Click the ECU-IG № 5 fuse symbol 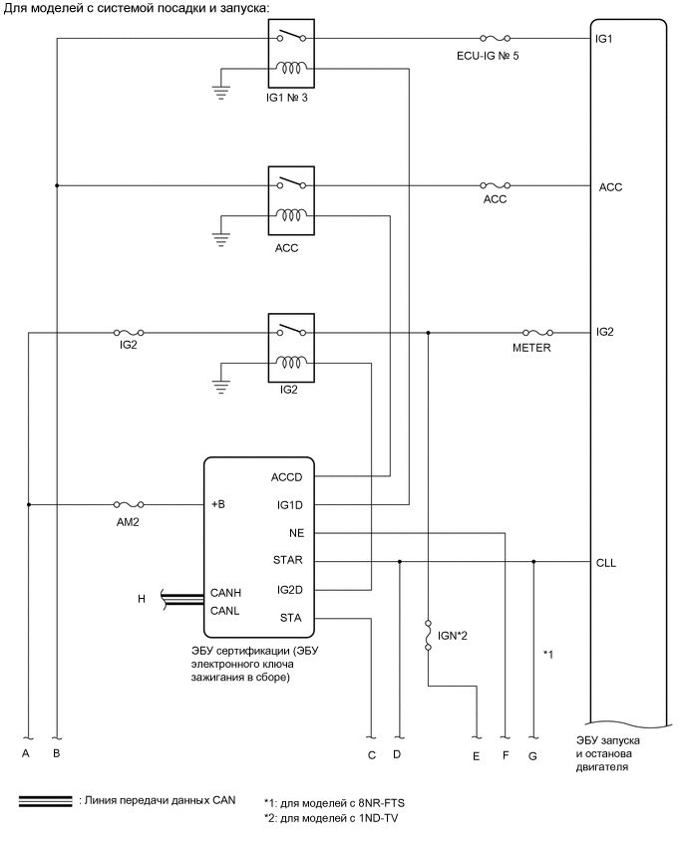click(x=497, y=39)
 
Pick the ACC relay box click(x=291, y=198)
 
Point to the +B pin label click(x=220, y=505)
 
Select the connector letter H click(x=142, y=599)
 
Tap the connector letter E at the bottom click(x=477, y=755)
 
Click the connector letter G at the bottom click(x=532, y=755)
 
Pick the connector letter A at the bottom click(x=27, y=753)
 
